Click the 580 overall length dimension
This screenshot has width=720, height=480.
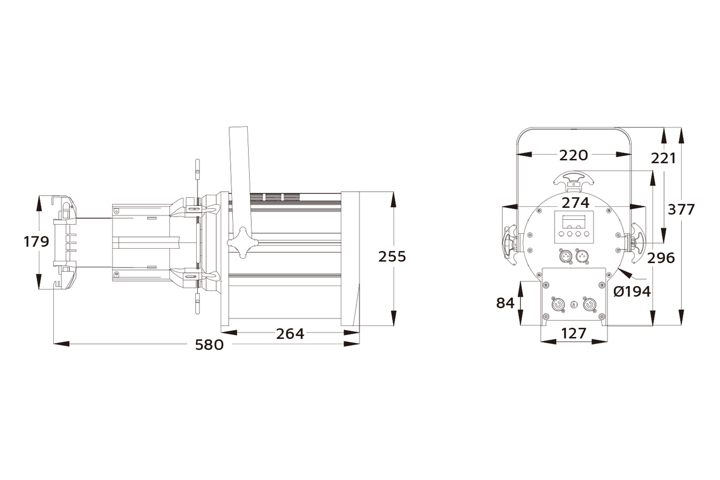[x=209, y=344]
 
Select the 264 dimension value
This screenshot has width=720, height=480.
[x=290, y=333]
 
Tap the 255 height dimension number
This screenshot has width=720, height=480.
[x=392, y=256]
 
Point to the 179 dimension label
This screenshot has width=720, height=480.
[x=36, y=242]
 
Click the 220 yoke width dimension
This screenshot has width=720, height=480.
[x=573, y=155]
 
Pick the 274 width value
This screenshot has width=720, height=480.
[x=576, y=203]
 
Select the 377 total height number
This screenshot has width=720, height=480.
[x=681, y=209]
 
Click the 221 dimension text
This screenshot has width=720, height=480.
[x=663, y=158]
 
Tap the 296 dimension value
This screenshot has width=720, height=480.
[x=661, y=258]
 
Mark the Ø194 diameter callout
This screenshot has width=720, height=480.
[x=631, y=291]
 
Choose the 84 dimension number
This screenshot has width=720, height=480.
[x=505, y=303]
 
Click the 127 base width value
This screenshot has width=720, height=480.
[x=574, y=333]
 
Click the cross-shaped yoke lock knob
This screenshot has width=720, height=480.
[x=242, y=243]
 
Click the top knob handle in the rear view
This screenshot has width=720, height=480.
[x=574, y=179]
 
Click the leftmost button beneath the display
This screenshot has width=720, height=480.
[x=561, y=233]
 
